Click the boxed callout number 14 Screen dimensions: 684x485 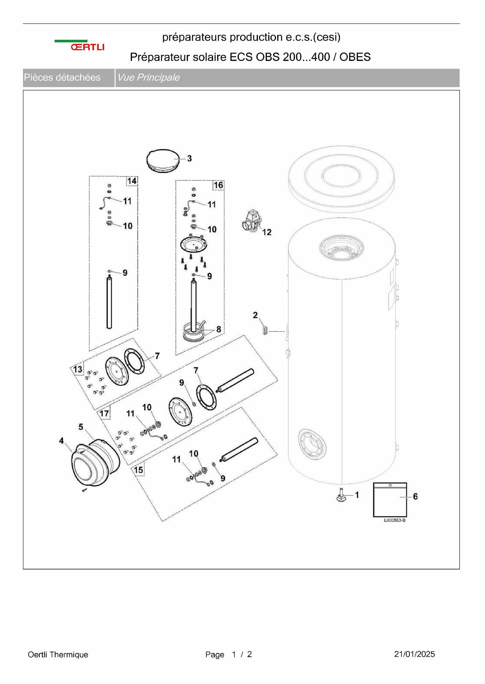(x=132, y=181)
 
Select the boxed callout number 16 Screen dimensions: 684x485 (x=218, y=185)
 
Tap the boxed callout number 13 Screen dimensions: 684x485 (x=78, y=370)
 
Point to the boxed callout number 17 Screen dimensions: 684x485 (x=104, y=413)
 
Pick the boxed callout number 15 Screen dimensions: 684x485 (x=138, y=470)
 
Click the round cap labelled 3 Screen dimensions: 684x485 (x=162, y=160)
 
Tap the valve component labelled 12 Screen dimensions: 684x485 (x=252, y=221)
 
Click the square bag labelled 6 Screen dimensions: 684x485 (x=390, y=500)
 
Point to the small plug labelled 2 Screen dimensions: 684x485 (x=265, y=331)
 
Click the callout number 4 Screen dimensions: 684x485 (x=62, y=441)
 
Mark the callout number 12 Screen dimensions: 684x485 (x=267, y=232)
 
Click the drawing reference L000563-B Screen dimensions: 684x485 (x=395, y=520)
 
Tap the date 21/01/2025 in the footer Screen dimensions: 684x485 (x=414, y=654)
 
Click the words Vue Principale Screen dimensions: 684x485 (x=149, y=77)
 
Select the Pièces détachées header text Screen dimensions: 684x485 (x=62, y=77)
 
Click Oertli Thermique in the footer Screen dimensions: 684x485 (x=58, y=654)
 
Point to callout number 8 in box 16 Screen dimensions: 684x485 (x=218, y=329)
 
